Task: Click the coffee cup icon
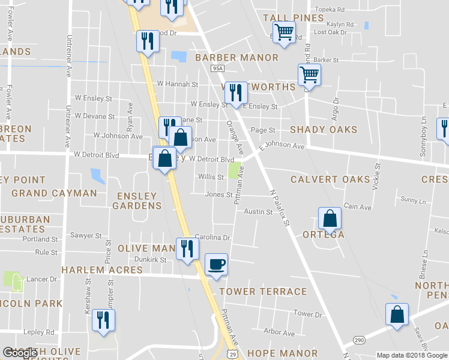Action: [x=216, y=264]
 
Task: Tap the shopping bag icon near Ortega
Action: [x=330, y=218]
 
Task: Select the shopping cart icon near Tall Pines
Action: [x=283, y=32]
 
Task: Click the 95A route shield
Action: [x=217, y=69]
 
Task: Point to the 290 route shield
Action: [x=359, y=340]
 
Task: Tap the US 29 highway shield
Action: [x=232, y=353]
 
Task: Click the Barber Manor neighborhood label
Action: [x=237, y=58]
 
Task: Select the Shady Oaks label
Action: [x=324, y=130]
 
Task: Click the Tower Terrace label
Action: [x=263, y=292]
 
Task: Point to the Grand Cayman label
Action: [x=54, y=193]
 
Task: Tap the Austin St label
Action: [x=258, y=212]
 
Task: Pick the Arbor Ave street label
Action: [x=280, y=332]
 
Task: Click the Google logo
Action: [x=20, y=353]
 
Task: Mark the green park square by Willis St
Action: [x=235, y=171]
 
